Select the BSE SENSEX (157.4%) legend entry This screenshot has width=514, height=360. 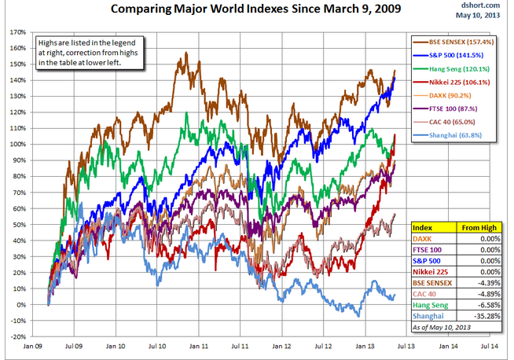pos(461,41)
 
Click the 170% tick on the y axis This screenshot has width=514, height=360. pos(17,32)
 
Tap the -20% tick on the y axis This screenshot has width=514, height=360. pos(16,336)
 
